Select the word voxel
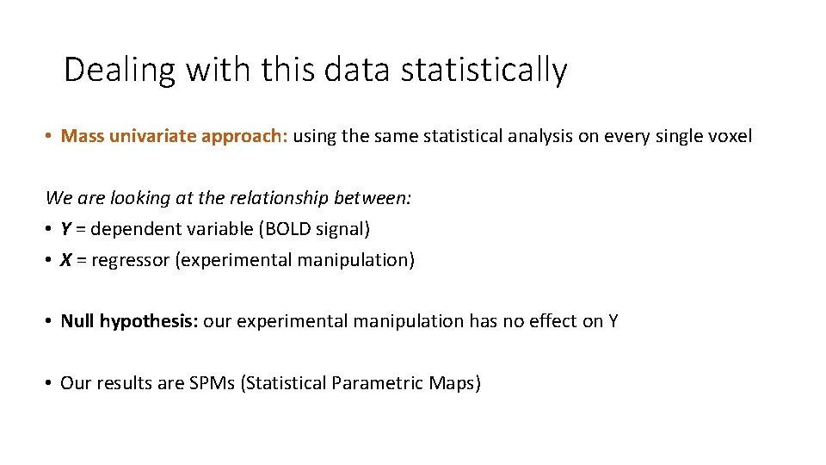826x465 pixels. click(x=730, y=136)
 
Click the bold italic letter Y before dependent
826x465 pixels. click(x=66, y=229)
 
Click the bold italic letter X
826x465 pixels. click(x=66, y=260)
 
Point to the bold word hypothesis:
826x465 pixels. click(x=149, y=322)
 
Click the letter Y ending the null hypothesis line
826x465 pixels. click(x=613, y=322)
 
